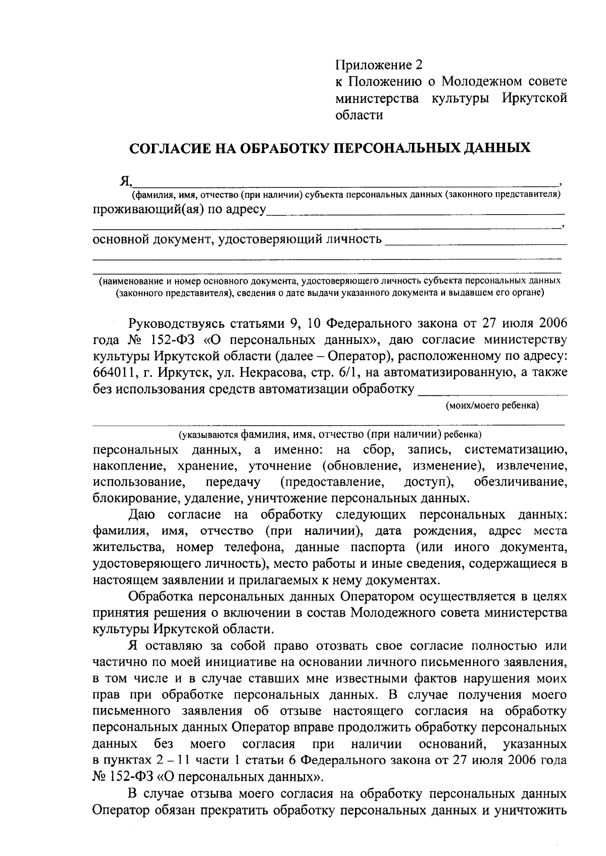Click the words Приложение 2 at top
(378, 65)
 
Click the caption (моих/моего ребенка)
(492, 405)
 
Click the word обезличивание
(520, 482)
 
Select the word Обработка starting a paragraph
(162, 596)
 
